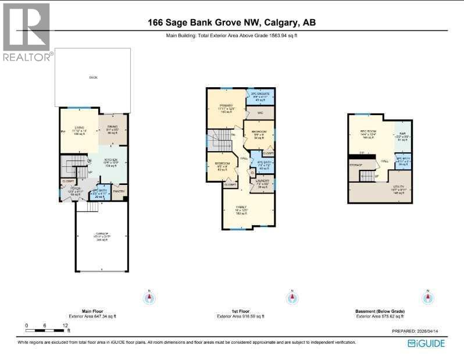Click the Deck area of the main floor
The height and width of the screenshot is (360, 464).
click(92, 77)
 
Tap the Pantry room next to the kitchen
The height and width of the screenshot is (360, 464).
click(119, 191)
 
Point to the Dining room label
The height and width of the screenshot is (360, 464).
click(112, 130)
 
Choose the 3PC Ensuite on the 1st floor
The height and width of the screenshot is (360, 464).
click(259, 96)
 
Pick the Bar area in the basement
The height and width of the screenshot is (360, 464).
click(402, 136)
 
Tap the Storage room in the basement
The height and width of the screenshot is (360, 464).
click(356, 165)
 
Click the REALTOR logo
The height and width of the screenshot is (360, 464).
click(27, 32)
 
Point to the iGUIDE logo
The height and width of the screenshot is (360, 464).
click(426, 343)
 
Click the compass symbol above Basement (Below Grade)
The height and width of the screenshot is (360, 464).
click(429, 297)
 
